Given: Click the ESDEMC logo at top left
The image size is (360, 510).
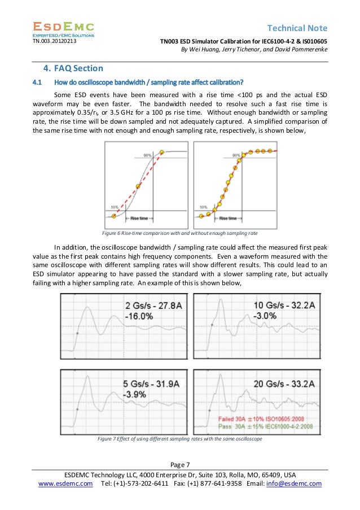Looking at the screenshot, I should pyautogui.click(x=63, y=29).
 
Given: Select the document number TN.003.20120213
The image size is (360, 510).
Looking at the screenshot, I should pyautogui.click(x=56, y=41).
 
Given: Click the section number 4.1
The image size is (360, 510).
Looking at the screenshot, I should pyautogui.click(x=37, y=82).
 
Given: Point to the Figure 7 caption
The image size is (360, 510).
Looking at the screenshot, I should pyautogui.click(x=180, y=438).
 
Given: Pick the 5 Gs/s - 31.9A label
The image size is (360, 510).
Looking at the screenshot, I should pyautogui.click(x=150, y=384).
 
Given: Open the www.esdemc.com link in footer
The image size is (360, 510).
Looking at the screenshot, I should pyautogui.click(x=65, y=483).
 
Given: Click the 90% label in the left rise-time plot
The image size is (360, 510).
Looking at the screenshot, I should pyautogui.click(x=148, y=155).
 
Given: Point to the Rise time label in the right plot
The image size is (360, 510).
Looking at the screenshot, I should pyautogui.click(x=228, y=218).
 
